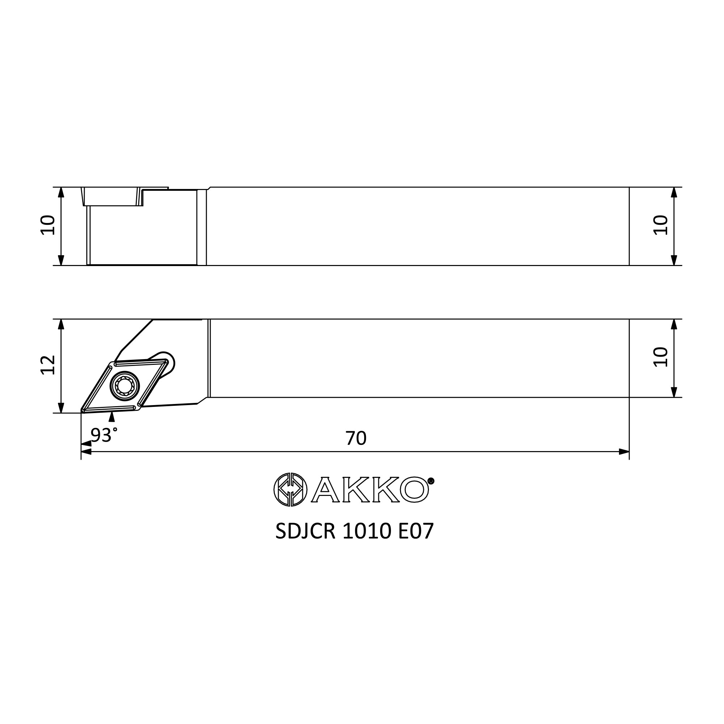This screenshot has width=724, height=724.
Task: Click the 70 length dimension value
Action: pos(355,438)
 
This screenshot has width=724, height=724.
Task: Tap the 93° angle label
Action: pos(104,435)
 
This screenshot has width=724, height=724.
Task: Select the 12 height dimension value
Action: pos(48,365)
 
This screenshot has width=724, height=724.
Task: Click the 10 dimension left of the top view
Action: pos(48,225)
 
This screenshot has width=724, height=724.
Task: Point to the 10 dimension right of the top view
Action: pos(661,225)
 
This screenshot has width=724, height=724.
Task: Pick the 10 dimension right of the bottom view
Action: pos(661,357)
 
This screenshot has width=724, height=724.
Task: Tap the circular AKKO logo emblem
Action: pos(290,489)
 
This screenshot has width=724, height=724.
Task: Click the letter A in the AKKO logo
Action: pos(325,489)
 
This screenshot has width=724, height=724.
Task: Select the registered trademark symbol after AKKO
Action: pos(431,481)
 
